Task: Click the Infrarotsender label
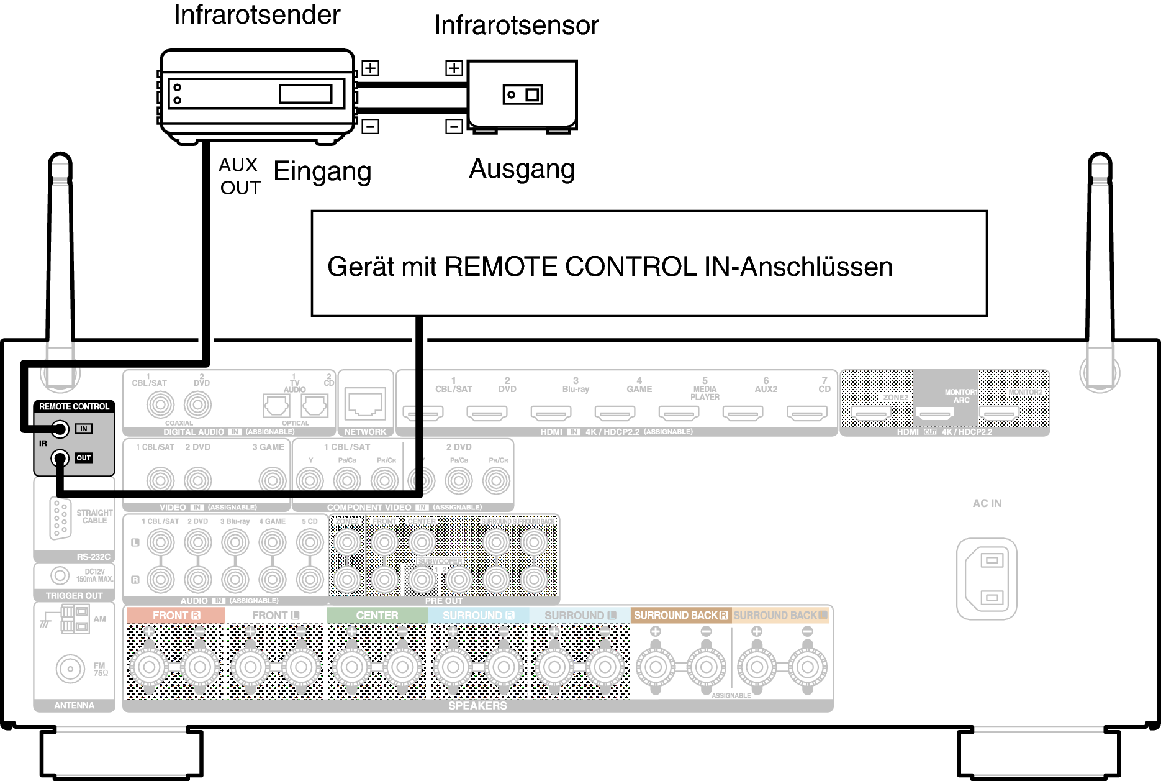[x=257, y=15]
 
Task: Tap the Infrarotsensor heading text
[x=516, y=25]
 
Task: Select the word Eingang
[x=322, y=171]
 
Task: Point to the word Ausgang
[x=522, y=169]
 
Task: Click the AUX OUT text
[x=239, y=176]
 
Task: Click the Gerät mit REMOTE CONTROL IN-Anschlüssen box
[x=649, y=264]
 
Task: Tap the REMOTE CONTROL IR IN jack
[x=60, y=429]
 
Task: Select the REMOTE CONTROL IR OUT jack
[x=60, y=459]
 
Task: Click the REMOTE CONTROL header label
[x=74, y=406]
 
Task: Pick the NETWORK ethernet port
[x=365, y=404]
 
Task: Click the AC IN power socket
[x=987, y=578]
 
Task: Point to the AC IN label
[x=987, y=503]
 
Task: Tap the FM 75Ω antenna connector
[x=70, y=669]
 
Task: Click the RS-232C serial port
[x=60, y=518]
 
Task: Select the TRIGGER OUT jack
[x=60, y=575]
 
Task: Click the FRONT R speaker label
[x=176, y=615]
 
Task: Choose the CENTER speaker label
[x=377, y=615]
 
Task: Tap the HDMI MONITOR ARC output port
[x=934, y=413]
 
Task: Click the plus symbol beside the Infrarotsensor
[x=454, y=68]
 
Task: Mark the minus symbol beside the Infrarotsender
[x=370, y=126]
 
